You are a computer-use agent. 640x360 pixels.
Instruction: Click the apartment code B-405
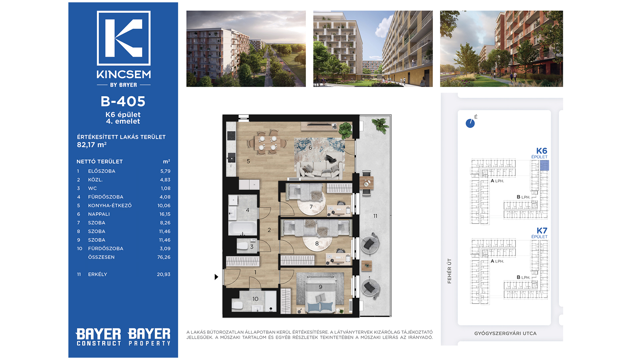[x=123, y=101]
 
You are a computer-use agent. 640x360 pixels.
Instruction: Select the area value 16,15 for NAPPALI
[x=165, y=214]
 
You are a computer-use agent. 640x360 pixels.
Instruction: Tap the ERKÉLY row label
[x=97, y=274]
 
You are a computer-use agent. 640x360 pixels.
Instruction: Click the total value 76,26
[x=164, y=257]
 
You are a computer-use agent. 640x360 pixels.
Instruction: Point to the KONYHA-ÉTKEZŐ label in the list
[x=110, y=205]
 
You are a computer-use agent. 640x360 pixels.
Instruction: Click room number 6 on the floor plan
[x=310, y=147]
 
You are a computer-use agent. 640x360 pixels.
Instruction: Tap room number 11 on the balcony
[x=375, y=216]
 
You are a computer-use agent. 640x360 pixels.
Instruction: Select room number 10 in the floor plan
[x=255, y=299]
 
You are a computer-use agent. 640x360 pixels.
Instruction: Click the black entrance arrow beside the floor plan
[x=216, y=277]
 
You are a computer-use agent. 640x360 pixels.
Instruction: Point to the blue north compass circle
[x=470, y=124]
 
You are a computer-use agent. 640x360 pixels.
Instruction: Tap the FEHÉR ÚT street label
[x=449, y=271]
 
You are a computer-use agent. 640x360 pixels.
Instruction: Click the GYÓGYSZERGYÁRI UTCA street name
[x=505, y=333]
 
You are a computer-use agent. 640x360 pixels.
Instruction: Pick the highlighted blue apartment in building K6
[x=544, y=166]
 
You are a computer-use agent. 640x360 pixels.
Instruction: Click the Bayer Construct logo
[x=98, y=337]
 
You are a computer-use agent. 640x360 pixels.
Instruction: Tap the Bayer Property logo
[x=149, y=337]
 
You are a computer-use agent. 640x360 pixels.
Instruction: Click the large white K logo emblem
[x=124, y=38]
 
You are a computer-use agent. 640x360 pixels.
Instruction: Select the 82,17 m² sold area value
[x=92, y=145]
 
